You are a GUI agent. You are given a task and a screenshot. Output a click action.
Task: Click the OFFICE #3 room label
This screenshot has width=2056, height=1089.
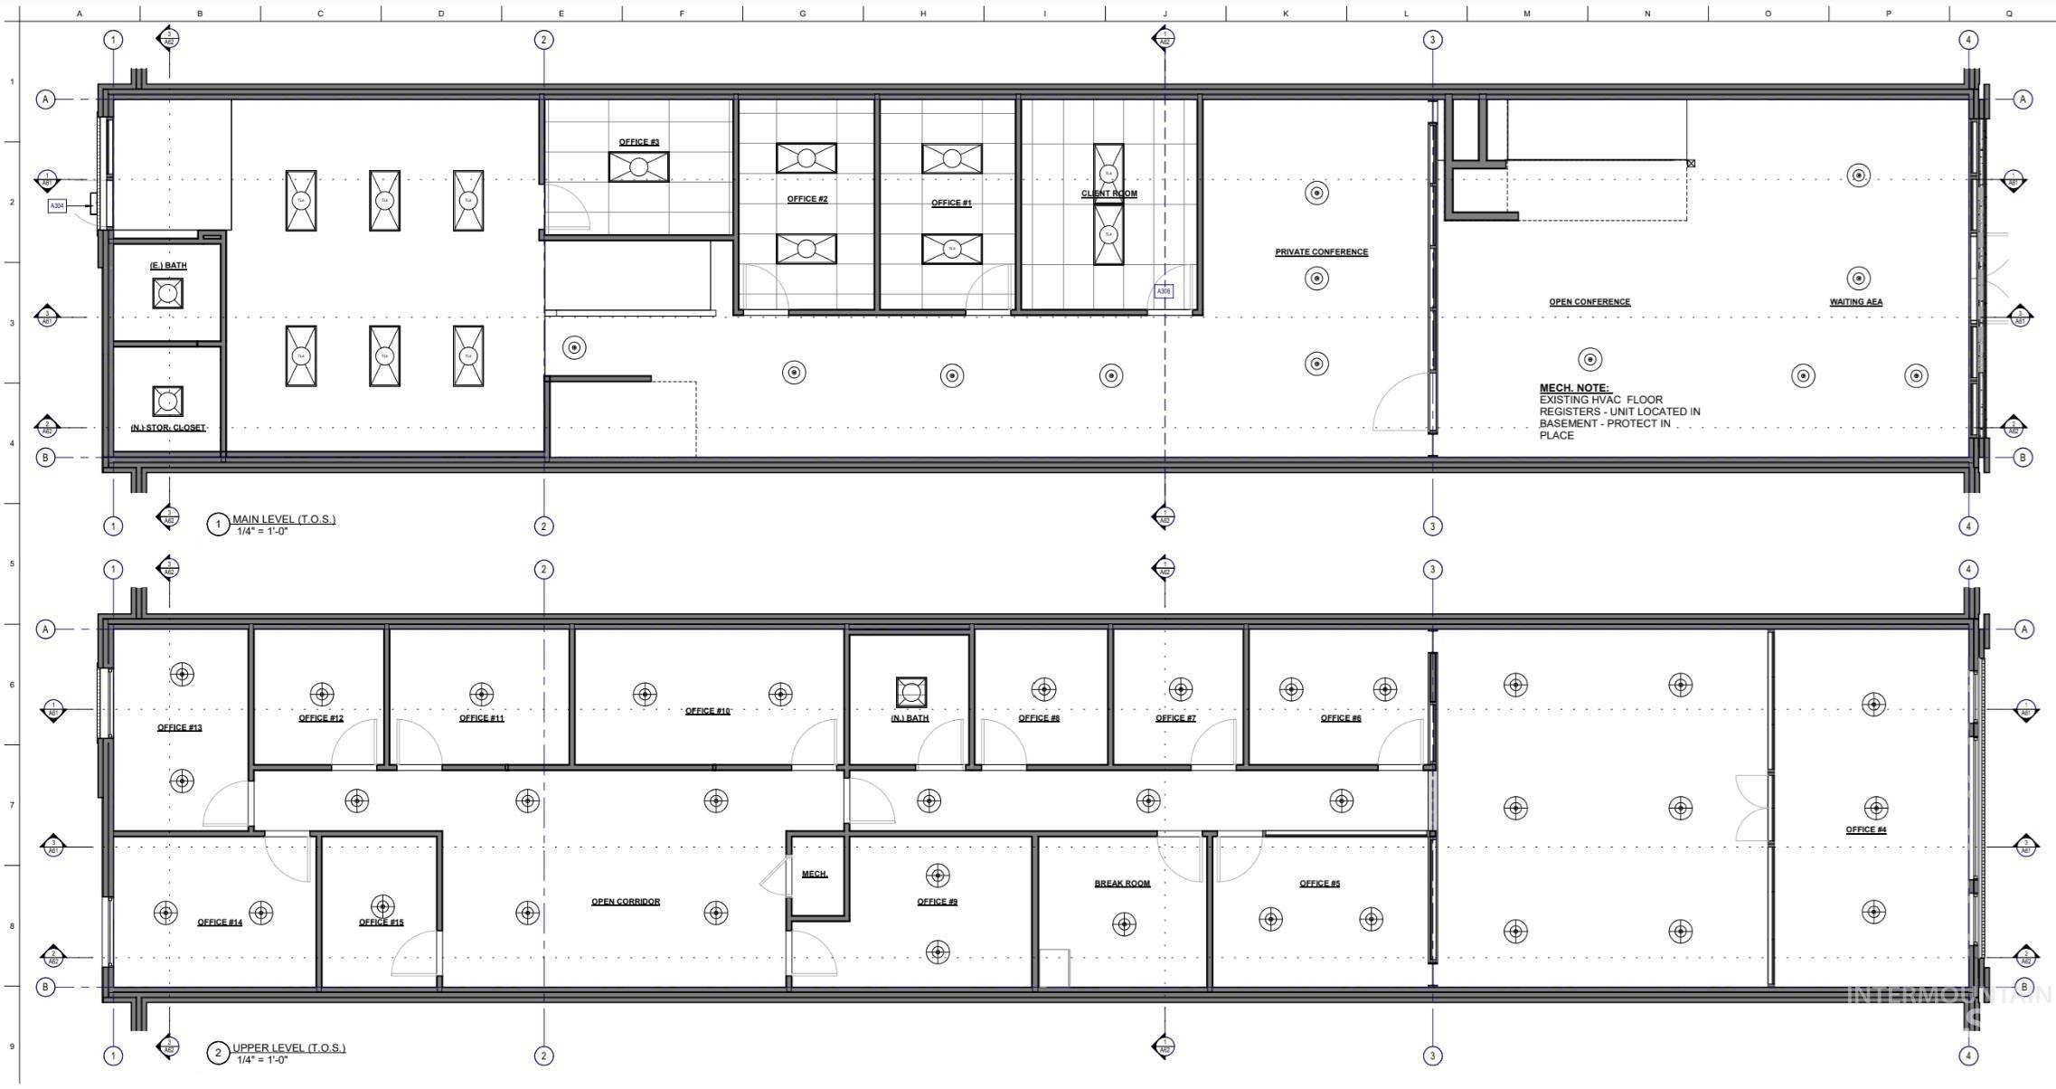coord(638,142)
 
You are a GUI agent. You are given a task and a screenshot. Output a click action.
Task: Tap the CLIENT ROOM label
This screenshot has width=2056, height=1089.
coord(1108,194)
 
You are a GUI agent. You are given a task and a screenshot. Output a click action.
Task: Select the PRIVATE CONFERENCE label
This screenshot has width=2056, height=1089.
coord(1321,252)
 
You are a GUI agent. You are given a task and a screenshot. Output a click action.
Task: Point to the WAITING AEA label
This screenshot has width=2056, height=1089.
coord(1855,302)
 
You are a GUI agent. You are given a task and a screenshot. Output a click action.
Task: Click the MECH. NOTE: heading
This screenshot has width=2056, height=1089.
coord(1574,388)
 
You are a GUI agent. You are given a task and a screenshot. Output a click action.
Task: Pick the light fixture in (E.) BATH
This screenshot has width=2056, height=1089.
coord(167,293)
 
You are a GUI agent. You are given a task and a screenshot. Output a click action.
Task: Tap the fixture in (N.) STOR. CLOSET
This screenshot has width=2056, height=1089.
coord(167,401)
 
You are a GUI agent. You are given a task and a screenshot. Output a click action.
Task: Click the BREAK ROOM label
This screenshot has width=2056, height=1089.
coord(1122,884)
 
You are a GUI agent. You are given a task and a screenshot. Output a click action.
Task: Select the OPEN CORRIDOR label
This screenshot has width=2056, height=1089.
coord(625,902)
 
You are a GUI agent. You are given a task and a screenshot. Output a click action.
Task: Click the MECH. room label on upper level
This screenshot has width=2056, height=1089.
coord(814,874)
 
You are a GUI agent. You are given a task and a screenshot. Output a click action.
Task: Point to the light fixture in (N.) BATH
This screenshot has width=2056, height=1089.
coord(910,692)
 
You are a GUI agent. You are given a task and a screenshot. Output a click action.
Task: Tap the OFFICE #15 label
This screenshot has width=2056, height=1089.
coord(381,923)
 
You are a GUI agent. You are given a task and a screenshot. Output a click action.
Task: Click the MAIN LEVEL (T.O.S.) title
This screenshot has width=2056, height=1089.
coord(283,519)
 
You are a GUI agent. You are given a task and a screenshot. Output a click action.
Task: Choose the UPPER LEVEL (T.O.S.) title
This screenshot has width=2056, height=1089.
coord(288,1048)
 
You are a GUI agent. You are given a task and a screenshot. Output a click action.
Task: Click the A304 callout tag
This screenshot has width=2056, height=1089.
coord(57,206)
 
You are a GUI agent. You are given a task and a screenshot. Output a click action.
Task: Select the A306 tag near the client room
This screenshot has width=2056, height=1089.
coord(1164,291)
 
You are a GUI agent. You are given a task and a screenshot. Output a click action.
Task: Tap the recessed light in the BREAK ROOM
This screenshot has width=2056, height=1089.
coord(1124,924)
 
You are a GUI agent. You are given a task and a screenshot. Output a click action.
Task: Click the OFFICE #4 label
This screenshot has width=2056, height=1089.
coord(1865,829)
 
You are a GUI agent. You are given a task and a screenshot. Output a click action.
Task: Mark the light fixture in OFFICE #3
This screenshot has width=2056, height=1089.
coord(638,167)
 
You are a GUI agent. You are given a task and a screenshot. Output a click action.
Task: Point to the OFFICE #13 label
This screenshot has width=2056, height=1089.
coord(179,727)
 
